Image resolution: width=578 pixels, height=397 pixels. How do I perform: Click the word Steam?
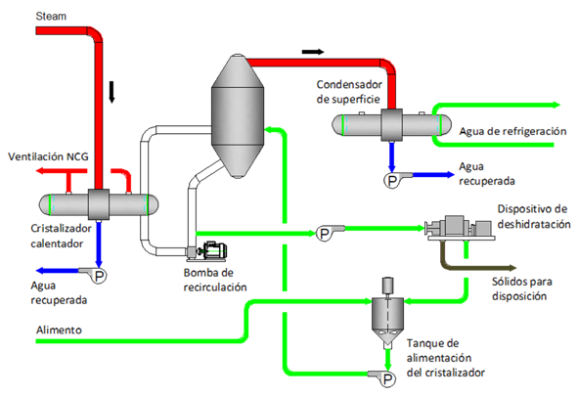[x=51, y=17]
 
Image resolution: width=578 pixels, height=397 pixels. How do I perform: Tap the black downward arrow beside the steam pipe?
[x=112, y=92]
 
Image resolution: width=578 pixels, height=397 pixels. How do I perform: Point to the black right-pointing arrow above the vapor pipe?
[x=313, y=52]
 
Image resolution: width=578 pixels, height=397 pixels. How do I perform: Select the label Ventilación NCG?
[x=48, y=156]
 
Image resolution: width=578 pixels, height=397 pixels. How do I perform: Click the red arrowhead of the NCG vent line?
[x=40, y=171]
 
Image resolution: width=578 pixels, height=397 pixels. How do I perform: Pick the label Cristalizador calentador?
[x=61, y=236]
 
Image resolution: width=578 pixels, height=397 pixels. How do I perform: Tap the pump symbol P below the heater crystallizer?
[x=99, y=276]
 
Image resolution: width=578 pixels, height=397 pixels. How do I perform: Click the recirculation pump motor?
[x=215, y=250]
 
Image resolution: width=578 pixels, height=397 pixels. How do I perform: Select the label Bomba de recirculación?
[x=215, y=280]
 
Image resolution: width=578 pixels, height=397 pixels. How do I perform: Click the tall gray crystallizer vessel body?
[x=238, y=116]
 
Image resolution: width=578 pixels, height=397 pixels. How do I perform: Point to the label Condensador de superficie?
[x=349, y=92]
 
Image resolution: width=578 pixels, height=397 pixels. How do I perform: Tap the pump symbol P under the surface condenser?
[x=392, y=181]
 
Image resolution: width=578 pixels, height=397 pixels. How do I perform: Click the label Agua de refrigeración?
[x=512, y=132]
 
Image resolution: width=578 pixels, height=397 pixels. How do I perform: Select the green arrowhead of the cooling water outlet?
[x=556, y=105]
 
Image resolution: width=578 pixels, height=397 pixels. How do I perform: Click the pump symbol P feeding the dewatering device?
[x=325, y=234]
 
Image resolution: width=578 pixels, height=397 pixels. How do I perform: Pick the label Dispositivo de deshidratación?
[x=534, y=216]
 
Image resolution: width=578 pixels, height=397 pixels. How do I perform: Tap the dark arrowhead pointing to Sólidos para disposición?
[x=512, y=268]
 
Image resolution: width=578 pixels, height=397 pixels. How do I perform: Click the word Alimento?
[x=59, y=330]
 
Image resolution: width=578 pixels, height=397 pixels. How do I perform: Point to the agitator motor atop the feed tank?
[x=388, y=285]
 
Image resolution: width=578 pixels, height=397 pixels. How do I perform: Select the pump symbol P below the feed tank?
[x=387, y=379]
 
